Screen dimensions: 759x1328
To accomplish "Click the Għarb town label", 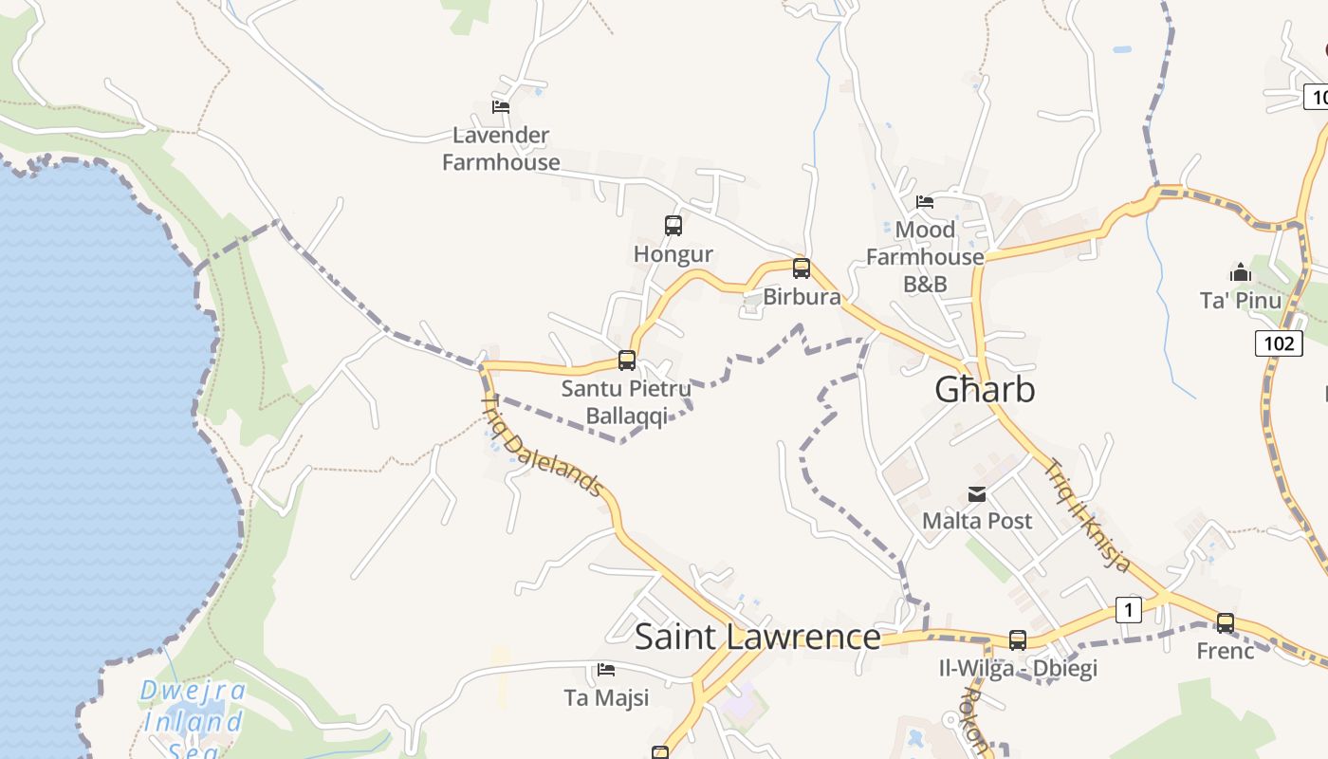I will pyautogui.click(x=985, y=390).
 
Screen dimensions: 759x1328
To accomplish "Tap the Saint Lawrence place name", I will pyautogui.click(x=757, y=637).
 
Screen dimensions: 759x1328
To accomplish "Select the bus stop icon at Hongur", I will pyautogui.click(x=673, y=226).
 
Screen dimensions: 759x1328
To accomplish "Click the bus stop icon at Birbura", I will pyautogui.click(x=802, y=268).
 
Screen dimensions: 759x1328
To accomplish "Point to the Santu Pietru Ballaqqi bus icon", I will pyautogui.click(x=626, y=361).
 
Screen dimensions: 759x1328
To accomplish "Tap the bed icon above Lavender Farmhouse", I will pyautogui.click(x=501, y=107).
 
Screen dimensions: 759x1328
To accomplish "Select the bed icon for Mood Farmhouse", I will pyautogui.click(x=925, y=202).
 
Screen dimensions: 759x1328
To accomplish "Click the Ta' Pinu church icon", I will pyautogui.click(x=1240, y=273).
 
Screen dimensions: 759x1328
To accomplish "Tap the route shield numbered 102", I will pyautogui.click(x=1279, y=342).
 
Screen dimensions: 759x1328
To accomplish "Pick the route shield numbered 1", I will pyautogui.click(x=1128, y=610).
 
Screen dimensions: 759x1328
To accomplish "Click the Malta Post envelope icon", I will pyautogui.click(x=977, y=494).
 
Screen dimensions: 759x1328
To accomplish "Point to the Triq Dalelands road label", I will pyautogui.click(x=544, y=447).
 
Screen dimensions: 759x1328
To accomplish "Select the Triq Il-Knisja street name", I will pyautogui.click(x=1088, y=515).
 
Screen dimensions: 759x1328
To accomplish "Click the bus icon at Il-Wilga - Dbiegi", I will pyautogui.click(x=1018, y=640).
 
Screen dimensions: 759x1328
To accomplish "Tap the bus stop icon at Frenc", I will pyautogui.click(x=1226, y=623).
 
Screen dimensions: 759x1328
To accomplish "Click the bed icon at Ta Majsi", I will pyautogui.click(x=606, y=671).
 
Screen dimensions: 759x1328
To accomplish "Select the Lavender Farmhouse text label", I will pyautogui.click(x=501, y=149).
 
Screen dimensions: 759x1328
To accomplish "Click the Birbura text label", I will pyautogui.click(x=802, y=297).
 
